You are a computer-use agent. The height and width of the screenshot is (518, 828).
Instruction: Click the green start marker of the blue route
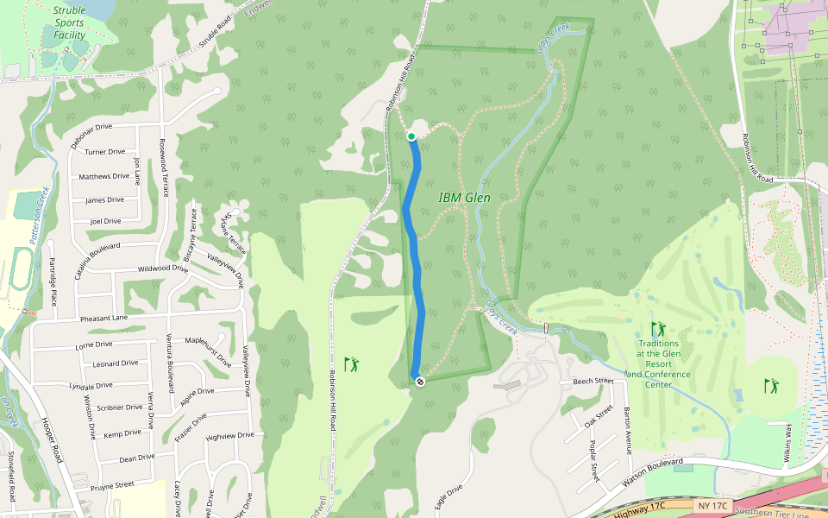(x=411, y=136)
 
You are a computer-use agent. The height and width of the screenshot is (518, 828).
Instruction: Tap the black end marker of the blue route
(x=420, y=382)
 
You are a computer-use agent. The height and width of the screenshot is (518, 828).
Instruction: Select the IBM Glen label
(x=464, y=198)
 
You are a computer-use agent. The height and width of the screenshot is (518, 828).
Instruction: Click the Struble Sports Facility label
(x=69, y=23)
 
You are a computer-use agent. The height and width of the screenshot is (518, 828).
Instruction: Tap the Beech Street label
(x=593, y=381)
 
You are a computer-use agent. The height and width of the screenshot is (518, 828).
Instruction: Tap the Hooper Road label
(x=51, y=438)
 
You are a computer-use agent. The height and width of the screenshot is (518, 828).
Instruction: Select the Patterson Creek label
(x=36, y=219)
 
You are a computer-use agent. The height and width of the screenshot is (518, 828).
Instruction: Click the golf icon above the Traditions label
(x=659, y=329)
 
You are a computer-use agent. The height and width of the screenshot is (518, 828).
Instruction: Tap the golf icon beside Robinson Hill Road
(x=351, y=364)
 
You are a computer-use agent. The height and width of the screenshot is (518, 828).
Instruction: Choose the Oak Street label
(x=604, y=417)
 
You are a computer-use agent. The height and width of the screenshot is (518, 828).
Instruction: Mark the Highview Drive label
(x=229, y=435)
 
